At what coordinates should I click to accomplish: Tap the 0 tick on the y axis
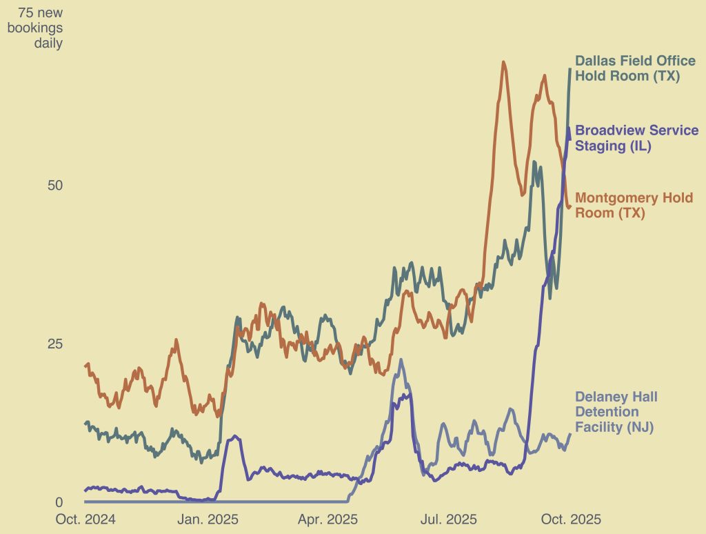(59, 502)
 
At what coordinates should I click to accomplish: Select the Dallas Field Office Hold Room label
(635, 68)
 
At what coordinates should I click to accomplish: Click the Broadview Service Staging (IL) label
(636, 137)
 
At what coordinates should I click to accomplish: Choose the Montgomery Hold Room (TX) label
(634, 206)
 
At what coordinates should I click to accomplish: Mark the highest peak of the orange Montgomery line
(504, 62)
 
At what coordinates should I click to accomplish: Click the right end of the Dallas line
(570, 70)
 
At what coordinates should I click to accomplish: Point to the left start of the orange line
(85, 366)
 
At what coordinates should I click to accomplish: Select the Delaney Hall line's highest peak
(401, 359)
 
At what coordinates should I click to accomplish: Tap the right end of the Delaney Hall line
(570, 434)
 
